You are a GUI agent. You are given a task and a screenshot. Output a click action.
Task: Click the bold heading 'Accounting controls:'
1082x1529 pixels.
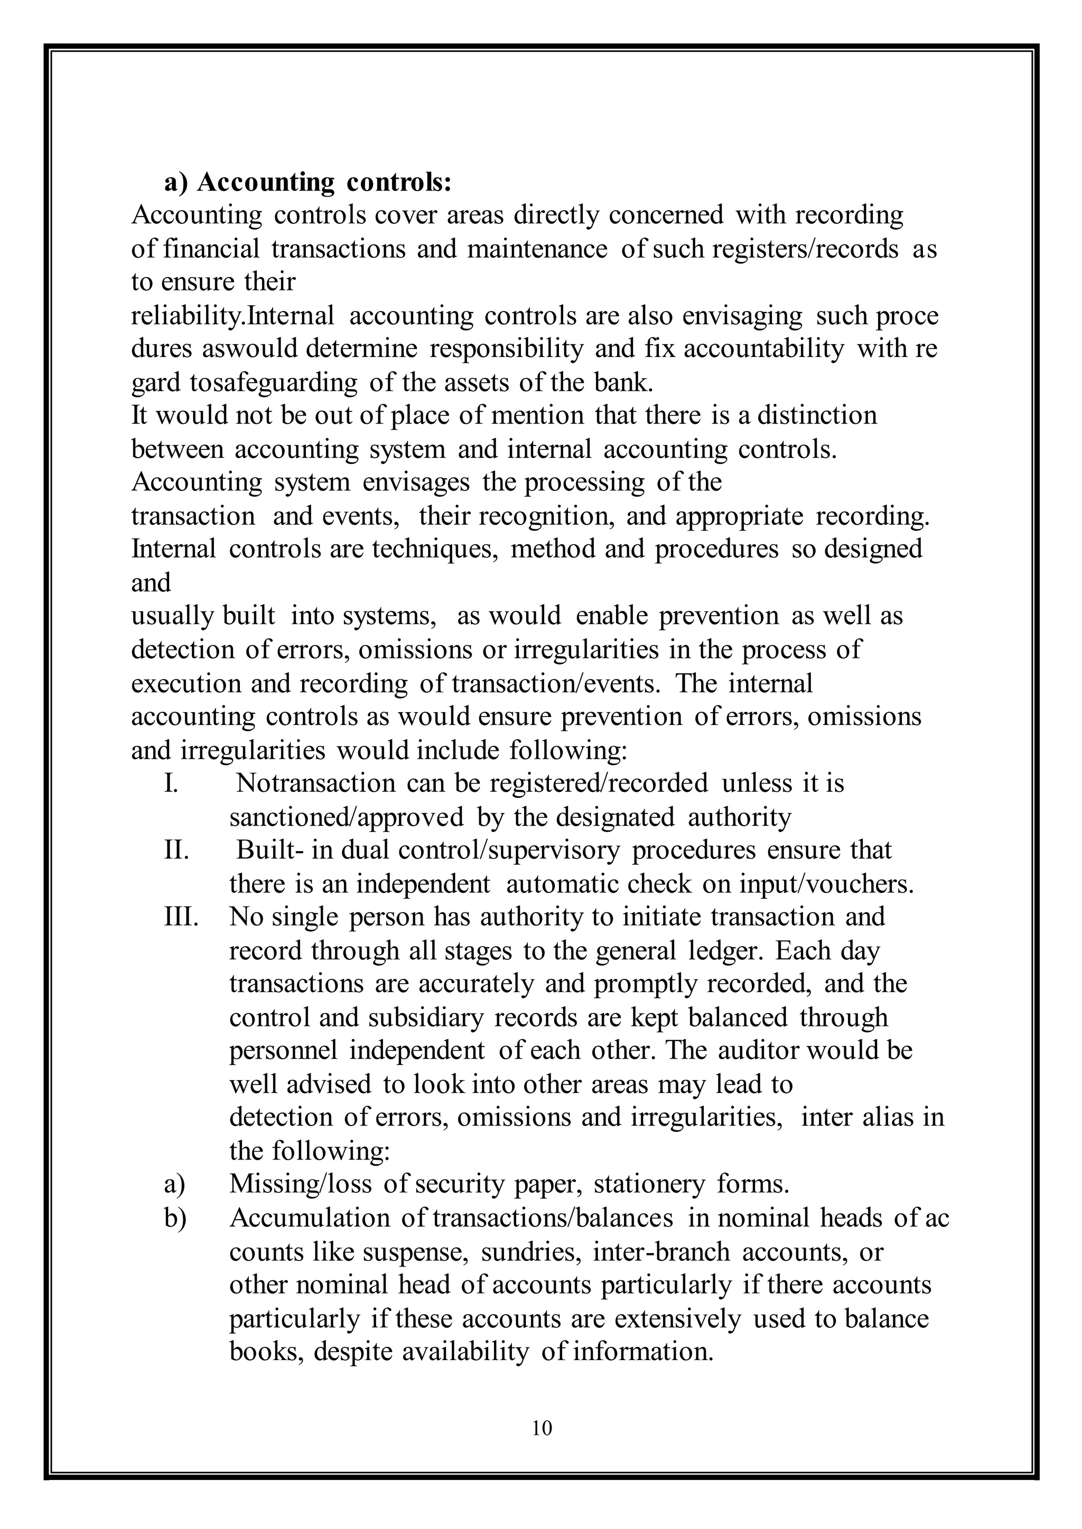[324, 182]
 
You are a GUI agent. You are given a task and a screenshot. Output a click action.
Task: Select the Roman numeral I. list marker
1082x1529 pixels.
[171, 783]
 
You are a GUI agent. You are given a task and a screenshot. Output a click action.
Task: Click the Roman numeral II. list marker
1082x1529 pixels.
[176, 851]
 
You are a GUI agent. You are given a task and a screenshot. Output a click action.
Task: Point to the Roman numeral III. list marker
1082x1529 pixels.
[181, 917]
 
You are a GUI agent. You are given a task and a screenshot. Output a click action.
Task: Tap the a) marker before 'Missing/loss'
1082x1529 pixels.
[174, 1184]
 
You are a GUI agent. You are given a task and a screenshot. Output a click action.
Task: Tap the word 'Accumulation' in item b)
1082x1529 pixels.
[309, 1218]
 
